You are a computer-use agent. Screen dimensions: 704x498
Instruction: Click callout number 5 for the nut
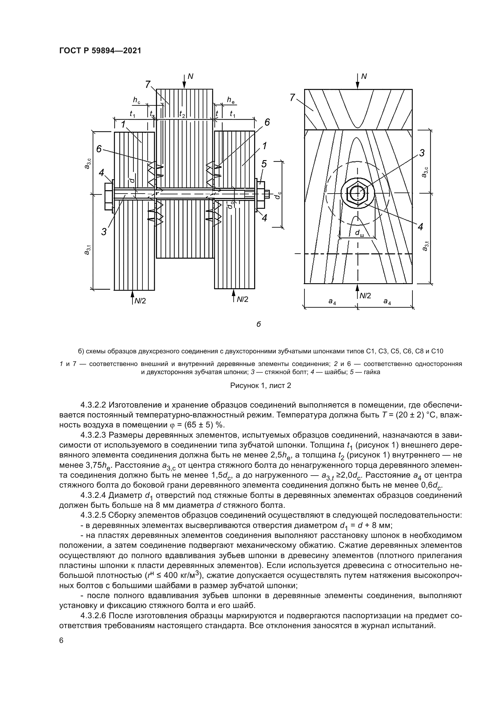tap(264, 164)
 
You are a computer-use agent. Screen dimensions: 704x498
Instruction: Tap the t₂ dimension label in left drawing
tap(182, 114)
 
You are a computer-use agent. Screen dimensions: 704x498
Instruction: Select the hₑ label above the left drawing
tap(231, 99)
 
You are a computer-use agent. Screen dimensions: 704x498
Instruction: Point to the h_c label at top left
tap(136, 100)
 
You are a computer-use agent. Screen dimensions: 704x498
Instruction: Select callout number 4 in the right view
tap(420, 227)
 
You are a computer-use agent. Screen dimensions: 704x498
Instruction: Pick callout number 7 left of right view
tap(292, 98)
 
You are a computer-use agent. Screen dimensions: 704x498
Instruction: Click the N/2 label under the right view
tap(365, 296)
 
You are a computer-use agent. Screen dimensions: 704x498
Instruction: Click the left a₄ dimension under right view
tap(332, 301)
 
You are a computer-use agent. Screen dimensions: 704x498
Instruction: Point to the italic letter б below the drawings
tap(259, 324)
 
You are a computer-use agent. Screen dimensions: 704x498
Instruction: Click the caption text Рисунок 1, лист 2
tap(260, 386)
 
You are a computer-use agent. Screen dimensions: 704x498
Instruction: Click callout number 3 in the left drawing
tap(104, 232)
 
